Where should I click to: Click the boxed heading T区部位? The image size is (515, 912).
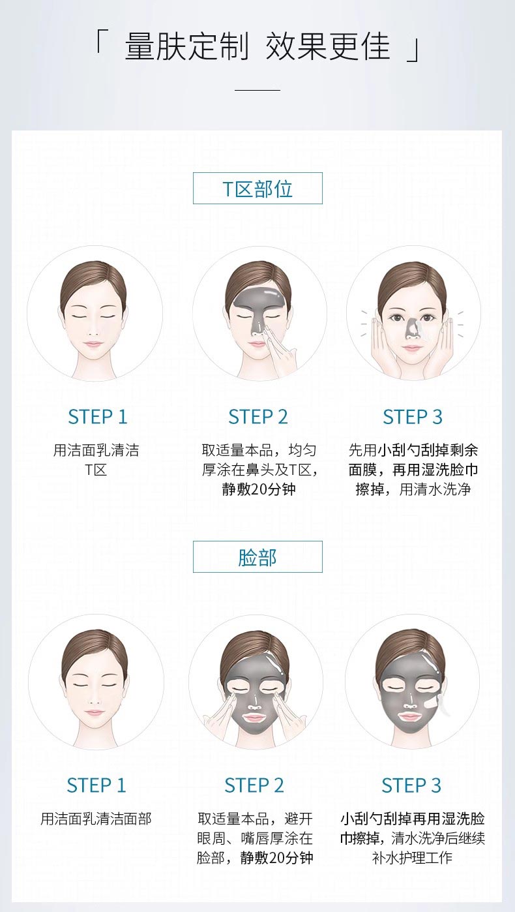click(x=257, y=189)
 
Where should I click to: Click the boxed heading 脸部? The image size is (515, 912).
click(x=257, y=557)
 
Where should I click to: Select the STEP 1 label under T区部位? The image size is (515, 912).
click(x=97, y=417)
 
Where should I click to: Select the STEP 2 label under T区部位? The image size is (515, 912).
click(x=257, y=417)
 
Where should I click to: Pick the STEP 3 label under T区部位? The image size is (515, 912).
click(x=412, y=417)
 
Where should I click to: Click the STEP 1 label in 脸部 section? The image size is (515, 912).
click(x=96, y=785)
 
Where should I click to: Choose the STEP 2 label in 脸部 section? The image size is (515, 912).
click(x=254, y=785)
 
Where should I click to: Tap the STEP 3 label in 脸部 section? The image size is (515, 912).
click(x=411, y=785)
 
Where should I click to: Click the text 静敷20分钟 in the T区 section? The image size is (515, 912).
click(x=258, y=489)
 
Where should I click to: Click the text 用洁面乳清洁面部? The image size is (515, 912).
click(x=96, y=819)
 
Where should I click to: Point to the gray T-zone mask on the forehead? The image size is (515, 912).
click(x=257, y=299)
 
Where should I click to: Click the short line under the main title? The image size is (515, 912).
click(x=257, y=89)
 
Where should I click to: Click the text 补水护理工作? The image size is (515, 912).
click(x=412, y=858)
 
